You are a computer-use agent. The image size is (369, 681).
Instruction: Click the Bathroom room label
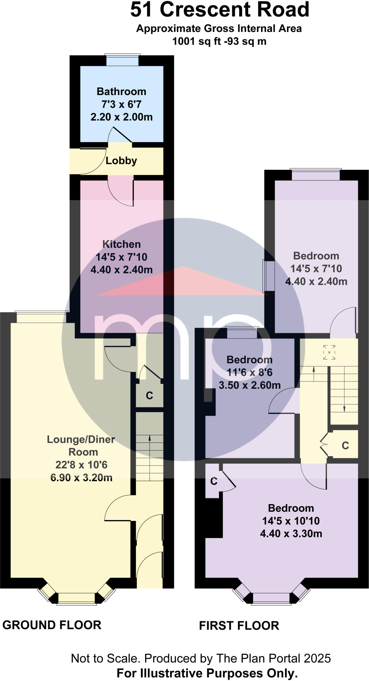pos(121,91)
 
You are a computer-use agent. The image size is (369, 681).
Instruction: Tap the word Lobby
pos(121,161)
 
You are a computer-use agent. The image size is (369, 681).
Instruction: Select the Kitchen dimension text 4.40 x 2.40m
pos(122,270)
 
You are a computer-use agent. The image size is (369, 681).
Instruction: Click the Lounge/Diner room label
pos(81,440)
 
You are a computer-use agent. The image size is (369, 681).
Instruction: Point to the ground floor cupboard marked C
pos(150,396)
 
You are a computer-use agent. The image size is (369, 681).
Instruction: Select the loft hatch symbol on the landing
pos(329,352)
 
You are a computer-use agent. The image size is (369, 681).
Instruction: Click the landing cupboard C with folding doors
pos(345,446)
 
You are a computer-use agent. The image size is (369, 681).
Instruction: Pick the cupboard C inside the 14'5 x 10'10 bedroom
pos(213,481)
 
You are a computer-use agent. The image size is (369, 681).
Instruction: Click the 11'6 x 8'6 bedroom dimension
pos(249,373)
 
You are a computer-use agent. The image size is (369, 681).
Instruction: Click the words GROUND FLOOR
pos(52,625)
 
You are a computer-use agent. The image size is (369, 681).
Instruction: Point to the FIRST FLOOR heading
pos(239,626)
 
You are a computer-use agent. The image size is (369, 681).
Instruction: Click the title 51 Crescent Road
pos(219,10)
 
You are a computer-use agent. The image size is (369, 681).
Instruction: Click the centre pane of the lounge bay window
pos(77,598)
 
